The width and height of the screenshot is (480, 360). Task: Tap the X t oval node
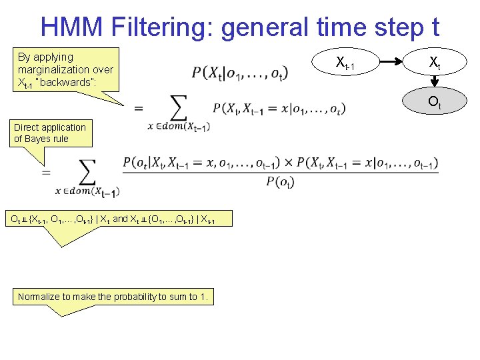click(x=434, y=64)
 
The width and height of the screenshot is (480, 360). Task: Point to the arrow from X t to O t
click(x=434, y=83)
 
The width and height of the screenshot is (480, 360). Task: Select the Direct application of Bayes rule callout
click(x=50, y=133)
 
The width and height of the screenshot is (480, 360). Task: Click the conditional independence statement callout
click(x=112, y=219)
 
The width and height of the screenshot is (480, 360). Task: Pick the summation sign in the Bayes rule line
click(x=87, y=171)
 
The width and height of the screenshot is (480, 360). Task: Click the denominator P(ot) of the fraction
click(x=280, y=182)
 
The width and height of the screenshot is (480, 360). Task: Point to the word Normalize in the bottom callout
click(x=39, y=297)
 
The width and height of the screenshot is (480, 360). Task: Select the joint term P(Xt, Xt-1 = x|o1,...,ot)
click(x=279, y=108)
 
